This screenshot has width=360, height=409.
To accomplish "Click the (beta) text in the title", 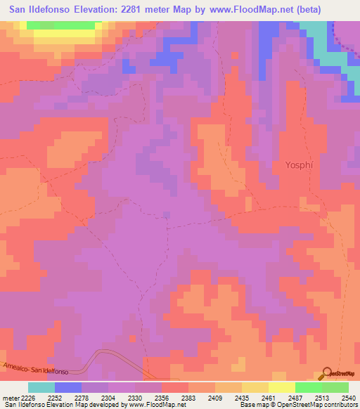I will coord(336,9).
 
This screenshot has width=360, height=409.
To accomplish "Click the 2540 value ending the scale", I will coord(349,397).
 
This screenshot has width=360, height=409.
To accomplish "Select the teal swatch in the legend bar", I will coord(41,387).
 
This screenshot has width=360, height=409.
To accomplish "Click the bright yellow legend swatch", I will coord(281,387).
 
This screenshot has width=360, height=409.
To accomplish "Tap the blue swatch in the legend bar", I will coord(68,387).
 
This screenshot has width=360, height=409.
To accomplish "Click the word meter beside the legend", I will coord(12,397).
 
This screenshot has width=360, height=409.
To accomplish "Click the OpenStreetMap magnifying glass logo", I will coord(327,373).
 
